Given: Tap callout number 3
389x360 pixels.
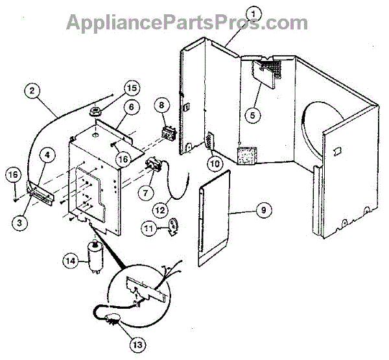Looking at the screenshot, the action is [x=21, y=221].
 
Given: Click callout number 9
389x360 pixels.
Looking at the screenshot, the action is [x=263, y=210].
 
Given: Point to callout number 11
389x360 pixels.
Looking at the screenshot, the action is [x=150, y=228].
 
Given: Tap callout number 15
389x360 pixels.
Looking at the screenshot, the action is [x=132, y=88].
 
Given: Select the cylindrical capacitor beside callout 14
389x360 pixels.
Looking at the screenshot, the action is [x=95, y=258].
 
